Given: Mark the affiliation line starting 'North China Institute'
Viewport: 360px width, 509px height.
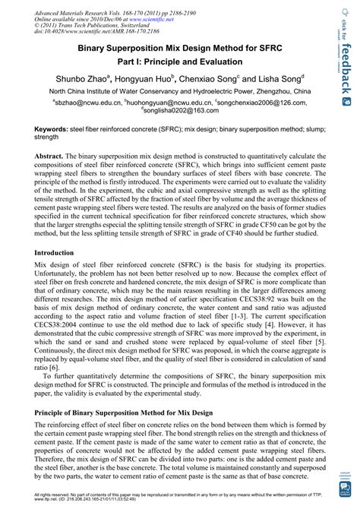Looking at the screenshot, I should tap(180, 90).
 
